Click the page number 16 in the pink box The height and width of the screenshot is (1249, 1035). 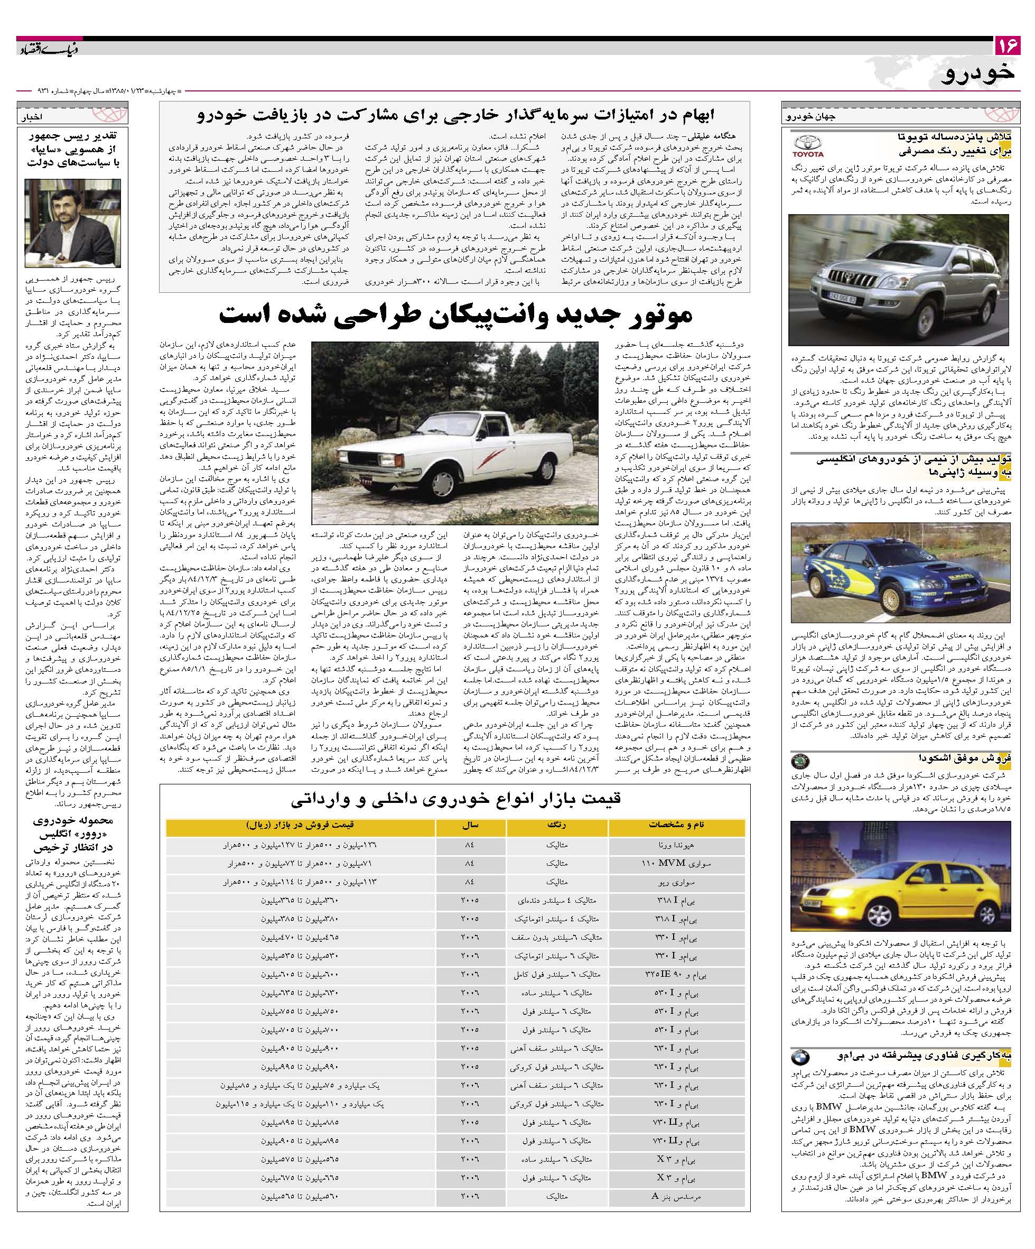1007,47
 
